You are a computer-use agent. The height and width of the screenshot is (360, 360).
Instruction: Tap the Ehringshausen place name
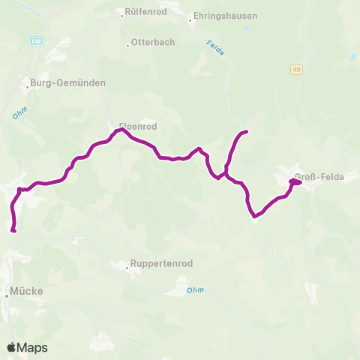click(226, 15)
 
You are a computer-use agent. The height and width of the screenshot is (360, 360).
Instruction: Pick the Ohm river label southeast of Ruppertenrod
click(195, 289)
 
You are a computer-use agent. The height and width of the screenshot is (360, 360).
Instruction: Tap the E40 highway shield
click(36, 40)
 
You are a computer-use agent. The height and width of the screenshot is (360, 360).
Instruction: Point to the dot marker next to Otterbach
click(127, 43)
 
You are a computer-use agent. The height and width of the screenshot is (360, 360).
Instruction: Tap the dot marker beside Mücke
click(6, 295)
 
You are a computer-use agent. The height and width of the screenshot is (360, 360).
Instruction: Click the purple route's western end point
click(13, 230)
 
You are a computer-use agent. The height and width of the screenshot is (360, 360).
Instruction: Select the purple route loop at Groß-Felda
click(295, 181)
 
